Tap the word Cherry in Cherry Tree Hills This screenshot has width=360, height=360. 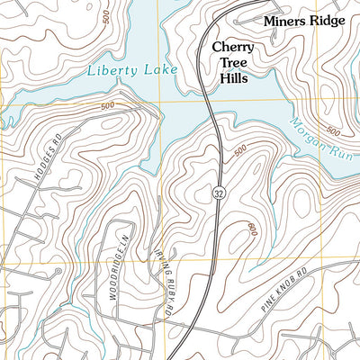point(232,47)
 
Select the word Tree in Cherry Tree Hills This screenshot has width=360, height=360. point(232,62)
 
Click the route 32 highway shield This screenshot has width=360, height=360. point(220,193)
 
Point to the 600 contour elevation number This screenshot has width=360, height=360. point(250,229)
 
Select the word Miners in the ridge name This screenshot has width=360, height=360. point(284,20)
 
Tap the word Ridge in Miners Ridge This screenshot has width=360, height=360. point(326,20)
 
